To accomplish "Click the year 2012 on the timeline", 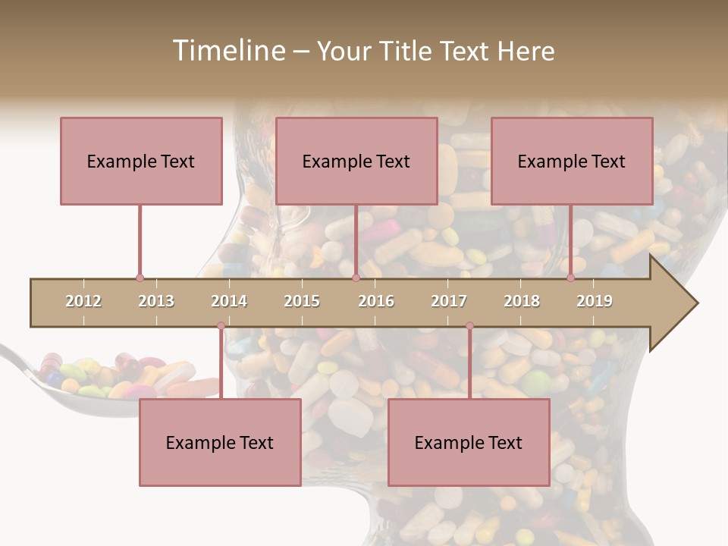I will [83, 301].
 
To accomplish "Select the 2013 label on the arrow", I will [156, 301].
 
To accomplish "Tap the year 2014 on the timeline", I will [229, 301].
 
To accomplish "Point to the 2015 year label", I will [302, 301].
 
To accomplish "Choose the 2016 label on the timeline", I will [376, 301].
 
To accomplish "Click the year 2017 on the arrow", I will [449, 301].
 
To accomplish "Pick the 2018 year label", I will [522, 301].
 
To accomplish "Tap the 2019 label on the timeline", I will [595, 301].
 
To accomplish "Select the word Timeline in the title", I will [227, 51].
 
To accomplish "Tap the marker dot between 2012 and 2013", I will [140, 278].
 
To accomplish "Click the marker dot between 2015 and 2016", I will [356, 278].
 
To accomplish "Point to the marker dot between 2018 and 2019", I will [571, 278].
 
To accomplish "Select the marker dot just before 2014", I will [221, 326].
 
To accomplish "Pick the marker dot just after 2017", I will [469, 326].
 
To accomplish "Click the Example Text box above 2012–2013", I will [141, 161].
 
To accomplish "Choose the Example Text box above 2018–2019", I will [572, 161].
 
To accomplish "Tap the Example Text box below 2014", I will [220, 442].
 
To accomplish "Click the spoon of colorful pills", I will [99, 379].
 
